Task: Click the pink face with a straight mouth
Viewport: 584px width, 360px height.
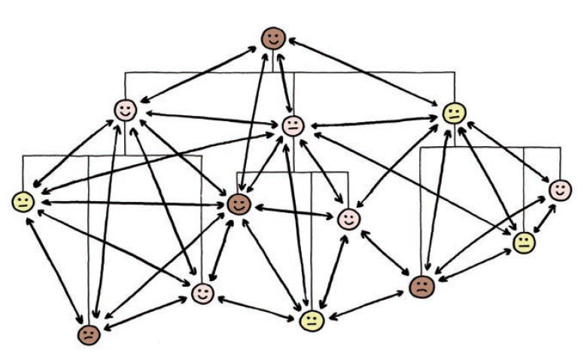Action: click(x=292, y=126)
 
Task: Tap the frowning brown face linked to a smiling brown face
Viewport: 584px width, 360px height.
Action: click(x=89, y=334)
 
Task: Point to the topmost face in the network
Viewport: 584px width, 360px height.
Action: click(x=273, y=38)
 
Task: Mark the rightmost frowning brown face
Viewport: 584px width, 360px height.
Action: click(x=422, y=285)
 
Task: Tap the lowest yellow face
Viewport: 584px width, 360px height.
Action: click(x=311, y=321)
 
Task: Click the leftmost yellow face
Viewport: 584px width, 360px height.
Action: click(x=23, y=201)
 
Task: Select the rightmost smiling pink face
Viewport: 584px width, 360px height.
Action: click(x=559, y=190)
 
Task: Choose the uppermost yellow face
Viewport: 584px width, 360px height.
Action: click(x=454, y=113)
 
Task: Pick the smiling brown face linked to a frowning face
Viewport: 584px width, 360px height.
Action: click(x=239, y=203)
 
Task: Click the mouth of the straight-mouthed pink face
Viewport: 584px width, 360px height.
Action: click(x=292, y=130)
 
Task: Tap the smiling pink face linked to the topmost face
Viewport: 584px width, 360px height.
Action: click(x=125, y=110)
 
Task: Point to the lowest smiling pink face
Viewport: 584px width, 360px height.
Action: click(x=202, y=293)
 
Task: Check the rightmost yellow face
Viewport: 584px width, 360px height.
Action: click(x=524, y=243)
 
